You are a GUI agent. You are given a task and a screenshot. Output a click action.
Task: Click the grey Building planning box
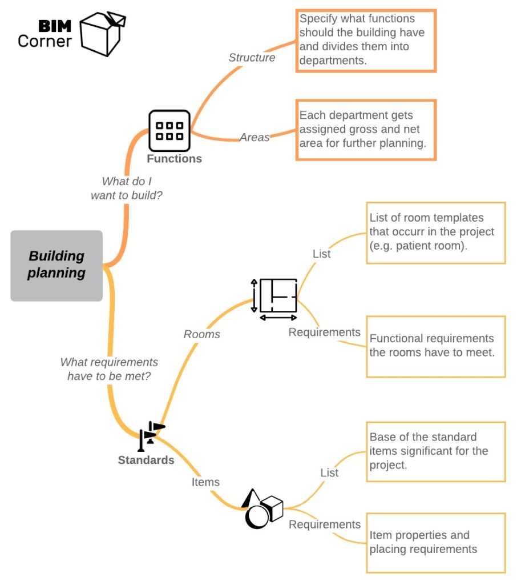(56, 266)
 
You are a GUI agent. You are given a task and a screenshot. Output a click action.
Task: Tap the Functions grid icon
(169, 130)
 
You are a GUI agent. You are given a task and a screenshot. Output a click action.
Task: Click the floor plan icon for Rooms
(276, 298)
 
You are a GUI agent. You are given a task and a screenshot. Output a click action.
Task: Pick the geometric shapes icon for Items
(262, 508)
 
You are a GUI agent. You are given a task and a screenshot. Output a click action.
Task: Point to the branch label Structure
(252, 58)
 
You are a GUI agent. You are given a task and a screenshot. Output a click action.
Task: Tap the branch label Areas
(255, 137)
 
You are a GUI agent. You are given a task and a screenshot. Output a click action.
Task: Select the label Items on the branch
(205, 482)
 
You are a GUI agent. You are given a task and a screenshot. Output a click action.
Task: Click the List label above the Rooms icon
(321, 254)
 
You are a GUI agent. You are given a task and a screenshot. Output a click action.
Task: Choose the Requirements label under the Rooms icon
(324, 332)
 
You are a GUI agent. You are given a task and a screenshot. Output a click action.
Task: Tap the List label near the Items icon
(329, 473)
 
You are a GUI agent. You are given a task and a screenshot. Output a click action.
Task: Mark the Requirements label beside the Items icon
(324, 524)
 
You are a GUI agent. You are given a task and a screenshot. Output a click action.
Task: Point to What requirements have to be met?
(109, 369)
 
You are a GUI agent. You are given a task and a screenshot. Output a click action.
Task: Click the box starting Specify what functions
(366, 40)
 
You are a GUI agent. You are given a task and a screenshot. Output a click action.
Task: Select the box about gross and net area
(366, 130)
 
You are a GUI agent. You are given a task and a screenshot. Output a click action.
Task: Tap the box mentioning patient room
(435, 233)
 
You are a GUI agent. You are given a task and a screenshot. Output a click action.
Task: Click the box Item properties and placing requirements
(435, 542)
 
